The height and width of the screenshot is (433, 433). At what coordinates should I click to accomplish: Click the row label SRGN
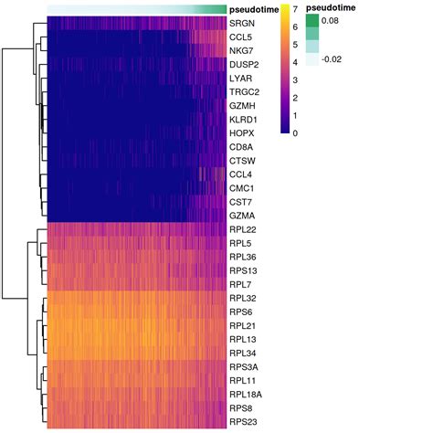tap(242, 23)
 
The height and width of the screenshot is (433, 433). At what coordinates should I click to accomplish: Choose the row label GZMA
tap(242, 216)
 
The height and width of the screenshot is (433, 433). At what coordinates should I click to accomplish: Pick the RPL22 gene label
tap(243, 229)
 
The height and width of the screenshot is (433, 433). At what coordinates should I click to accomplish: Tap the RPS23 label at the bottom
tap(244, 421)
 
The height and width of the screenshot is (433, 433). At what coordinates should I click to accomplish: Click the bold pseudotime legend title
tap(332, 7)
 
